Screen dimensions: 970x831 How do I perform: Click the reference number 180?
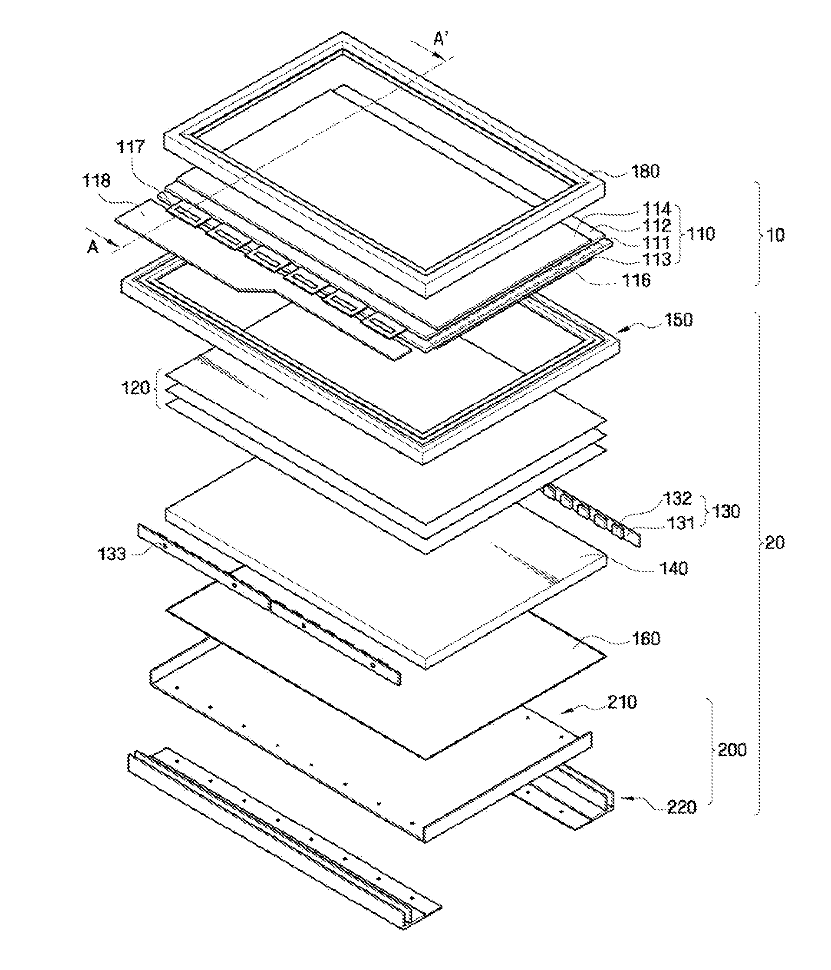pyautogui.click(x=646, y=172)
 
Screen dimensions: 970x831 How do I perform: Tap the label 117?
pyautogui.click(x=131, y=147)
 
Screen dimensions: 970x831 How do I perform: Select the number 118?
pyautogui.click(x=96, y=181)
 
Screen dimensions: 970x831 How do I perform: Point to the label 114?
pyautogui.click(x=656, y=208)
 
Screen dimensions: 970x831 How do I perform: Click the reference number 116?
pyautogui.click(x=636, y=280)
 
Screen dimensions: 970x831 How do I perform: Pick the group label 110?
pyautogui.click(x=700, y=234)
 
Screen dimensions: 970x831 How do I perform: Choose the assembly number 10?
pyautogui.click(x=775, y=234)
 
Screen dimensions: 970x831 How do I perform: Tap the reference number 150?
pyautogui.click(x=678, y=320)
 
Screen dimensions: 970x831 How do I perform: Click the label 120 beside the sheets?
pyautogui.click(x=135, y=388)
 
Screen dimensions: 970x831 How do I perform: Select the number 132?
pyautogui.click(x=677, y=498)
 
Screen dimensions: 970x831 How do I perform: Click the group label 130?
pyautogui.click(x=725, y=511)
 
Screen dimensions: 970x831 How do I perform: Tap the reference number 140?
pyautogui.click(x=673, y=568)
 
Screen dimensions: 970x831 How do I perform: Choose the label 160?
pyautogui.click(x=646, y=639)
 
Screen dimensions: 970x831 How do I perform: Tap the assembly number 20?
pyautogui.click(x=774, y=543)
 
